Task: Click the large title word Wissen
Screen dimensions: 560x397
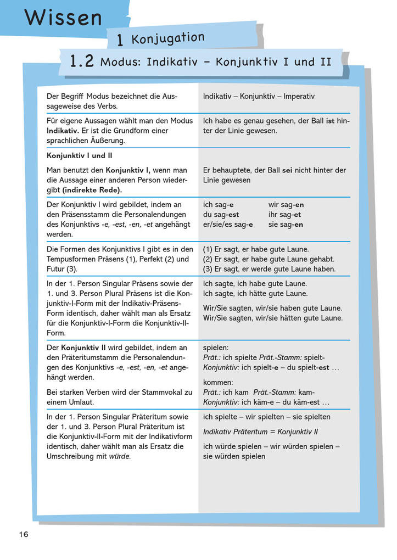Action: coord(63,18)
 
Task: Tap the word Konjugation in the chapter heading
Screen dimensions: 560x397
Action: coord(167,39)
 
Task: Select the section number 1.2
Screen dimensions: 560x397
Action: coord(82,61)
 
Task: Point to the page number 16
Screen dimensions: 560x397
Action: coord(23,534)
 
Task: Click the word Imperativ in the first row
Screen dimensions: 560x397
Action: coord(299,96)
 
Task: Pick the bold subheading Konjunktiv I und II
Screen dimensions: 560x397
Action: coord(80,155)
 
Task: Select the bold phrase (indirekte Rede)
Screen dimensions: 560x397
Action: coord(92,190)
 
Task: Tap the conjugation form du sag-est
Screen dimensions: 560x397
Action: coord(221,215)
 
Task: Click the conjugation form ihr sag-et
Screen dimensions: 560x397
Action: coord(284,215)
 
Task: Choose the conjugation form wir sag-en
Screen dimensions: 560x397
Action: coord(286,205)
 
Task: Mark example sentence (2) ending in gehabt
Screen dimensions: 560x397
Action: coord(269,259)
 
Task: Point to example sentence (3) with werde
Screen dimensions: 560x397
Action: coord(269,269)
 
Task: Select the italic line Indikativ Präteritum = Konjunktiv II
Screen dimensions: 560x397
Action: coord(260,432)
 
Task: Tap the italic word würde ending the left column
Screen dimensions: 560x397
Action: coord(120,456)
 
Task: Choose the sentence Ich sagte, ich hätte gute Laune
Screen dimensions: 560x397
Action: coord(255,294)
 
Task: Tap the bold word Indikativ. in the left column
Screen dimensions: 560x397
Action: coord(63,131)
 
